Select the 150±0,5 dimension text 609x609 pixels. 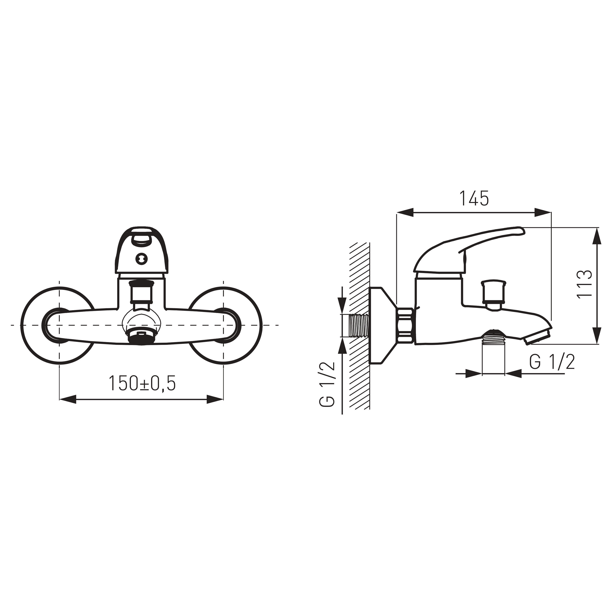(142, 383)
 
